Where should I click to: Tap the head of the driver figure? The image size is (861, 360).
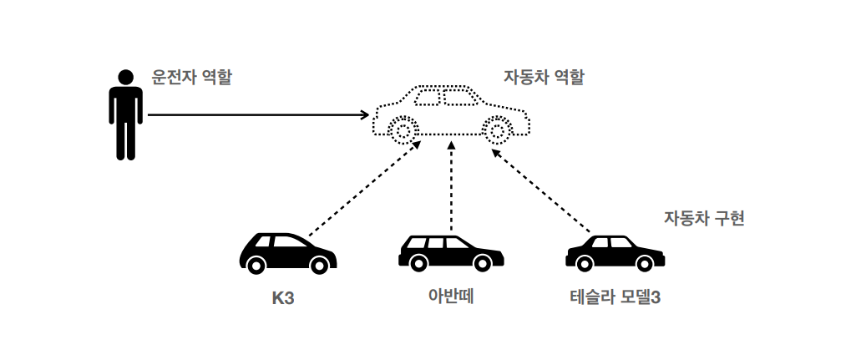tap(126, 77)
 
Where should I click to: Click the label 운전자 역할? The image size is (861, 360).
tap(191, 78)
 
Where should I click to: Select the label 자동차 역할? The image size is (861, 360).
tap(544, 78)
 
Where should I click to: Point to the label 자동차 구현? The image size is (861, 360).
tap(703, 219)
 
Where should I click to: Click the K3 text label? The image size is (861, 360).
tap(283, 297)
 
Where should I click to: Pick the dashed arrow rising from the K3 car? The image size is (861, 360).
tap(363, 190)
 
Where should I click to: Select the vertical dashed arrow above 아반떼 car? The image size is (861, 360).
tap(451, 185)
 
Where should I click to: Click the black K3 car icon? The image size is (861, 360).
tap(287, 252)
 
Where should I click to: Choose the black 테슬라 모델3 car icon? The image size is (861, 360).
tap(615, 253)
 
